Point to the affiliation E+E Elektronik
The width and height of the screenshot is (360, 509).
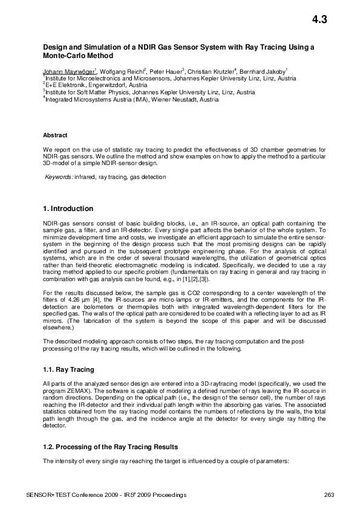coord(66,85)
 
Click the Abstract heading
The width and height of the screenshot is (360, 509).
coord(55,135)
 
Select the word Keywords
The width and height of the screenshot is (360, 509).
coord(59,177)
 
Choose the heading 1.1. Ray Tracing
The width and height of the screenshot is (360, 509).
coord(68,369)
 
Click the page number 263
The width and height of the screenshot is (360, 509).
coord(329,495)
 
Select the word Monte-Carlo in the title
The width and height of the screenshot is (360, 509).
coord(63,54)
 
